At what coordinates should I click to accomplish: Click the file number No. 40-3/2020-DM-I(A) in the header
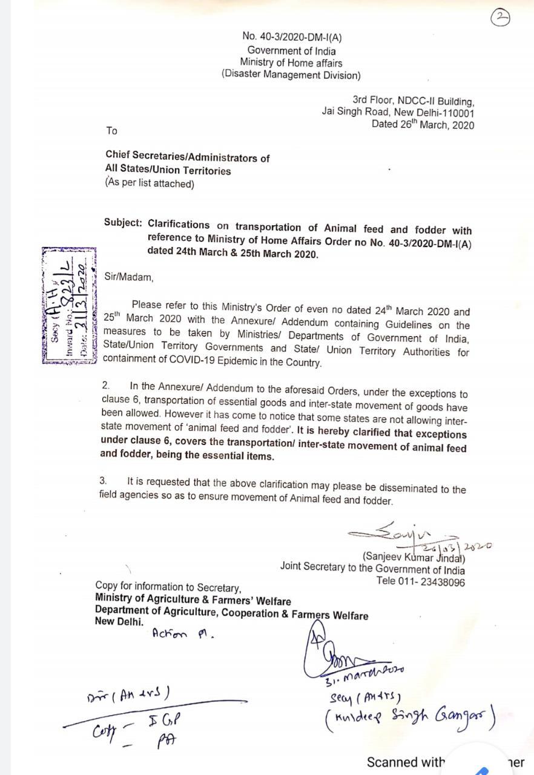click(x=292, y=37)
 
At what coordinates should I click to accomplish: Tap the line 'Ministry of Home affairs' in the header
click(x=291, y=63)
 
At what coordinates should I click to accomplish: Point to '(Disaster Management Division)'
click(x=291, y=75)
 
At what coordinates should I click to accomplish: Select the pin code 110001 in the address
click(x=455, y=113)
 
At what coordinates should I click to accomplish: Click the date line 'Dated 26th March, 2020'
click(x=423, y=125)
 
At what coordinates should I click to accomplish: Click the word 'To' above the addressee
click(x=111, y=131)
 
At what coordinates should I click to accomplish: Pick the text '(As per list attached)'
click(x=150, y=183)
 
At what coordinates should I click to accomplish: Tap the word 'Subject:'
click(x=123, y=223)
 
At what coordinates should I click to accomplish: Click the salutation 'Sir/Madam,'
click(x=129, y=277)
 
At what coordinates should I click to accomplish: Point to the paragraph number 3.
click(x=104, y=481)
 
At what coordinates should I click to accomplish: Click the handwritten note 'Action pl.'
click(x=183, y=634)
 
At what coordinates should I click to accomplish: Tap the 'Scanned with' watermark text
click(x=406, y=762)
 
